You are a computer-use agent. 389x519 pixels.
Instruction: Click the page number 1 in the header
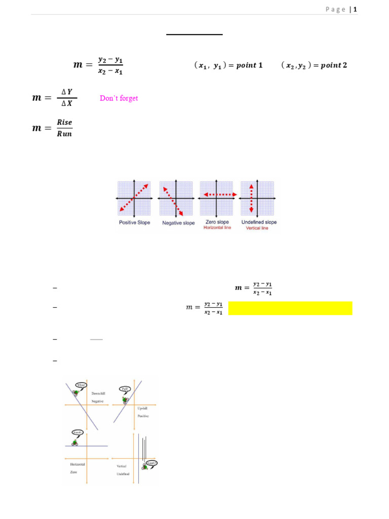pyautogui.click(x=356, y=9)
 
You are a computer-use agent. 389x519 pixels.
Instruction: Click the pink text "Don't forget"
pyautogui.click(x=119, y=98)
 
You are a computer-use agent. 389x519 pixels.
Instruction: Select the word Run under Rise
pyautogui.click(x=64, y=134)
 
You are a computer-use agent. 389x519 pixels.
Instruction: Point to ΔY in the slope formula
pyautogui.click(x=67, y=92)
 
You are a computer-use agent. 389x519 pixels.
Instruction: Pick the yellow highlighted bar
pyautogui.click(x=290, y=308)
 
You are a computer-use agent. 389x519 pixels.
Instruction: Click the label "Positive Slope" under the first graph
pyautogui.click(x=134, y=223)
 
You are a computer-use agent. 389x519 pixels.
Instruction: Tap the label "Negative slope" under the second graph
pyautogui.click(x=178, y=223)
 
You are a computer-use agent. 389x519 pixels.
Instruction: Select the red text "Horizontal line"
pyautogui.click(x=217, y=228)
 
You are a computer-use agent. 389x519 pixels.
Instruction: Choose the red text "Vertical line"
pyautogui.click(x=257, y=228)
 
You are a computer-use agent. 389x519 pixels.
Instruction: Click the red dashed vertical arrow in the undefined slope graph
pyautogui.click(x=251, y=198)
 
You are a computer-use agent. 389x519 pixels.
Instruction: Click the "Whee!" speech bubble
pyautogui.click(x=81, y=385)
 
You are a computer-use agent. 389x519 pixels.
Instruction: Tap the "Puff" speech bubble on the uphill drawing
pyautogui.click(x=126, y=389)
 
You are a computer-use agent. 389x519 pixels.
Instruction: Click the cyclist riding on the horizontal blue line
pyautogui.click(x=75, y=442)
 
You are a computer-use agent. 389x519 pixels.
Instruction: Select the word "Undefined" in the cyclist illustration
pyautogui.click(x=123, y=474)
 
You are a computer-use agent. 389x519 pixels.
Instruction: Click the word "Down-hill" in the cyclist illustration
pyautogui.click(x=98, y=393)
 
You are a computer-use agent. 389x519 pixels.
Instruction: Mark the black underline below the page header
pyautogui.click(x=194, y=34)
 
